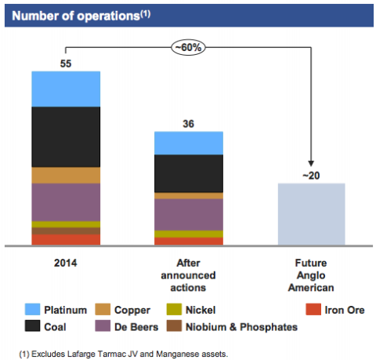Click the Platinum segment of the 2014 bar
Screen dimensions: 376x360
(66, 89)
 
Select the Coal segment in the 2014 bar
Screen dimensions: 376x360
(66, 137)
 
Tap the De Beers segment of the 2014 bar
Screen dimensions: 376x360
(66, 202)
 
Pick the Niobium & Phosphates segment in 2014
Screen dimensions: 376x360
(66, 231)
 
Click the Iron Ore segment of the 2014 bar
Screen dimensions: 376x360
(66, 240)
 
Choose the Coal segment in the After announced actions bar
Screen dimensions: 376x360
(189, 173)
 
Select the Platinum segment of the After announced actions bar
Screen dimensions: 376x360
(189, 143)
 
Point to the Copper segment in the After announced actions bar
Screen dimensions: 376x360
(189, 196)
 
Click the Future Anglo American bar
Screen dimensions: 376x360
(312, 214)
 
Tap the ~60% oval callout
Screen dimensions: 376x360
(188, 48)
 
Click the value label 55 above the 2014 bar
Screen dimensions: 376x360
(66, 64)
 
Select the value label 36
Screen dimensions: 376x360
(189, 124)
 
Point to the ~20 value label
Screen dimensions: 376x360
(311, 176)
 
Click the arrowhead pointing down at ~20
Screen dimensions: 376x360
(311, 163)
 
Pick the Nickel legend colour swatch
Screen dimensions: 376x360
(174, 310)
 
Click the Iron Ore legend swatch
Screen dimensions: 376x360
(313, 310)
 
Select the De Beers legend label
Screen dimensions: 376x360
(136, 327)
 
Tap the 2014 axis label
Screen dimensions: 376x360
(66, 263)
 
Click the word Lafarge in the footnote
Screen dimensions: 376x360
(81, 355)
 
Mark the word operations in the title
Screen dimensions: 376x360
(108, 16)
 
